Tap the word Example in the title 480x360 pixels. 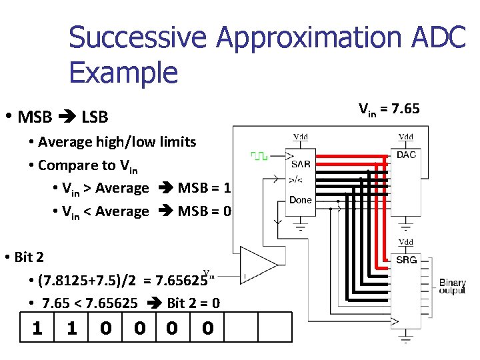(x=123, y=71)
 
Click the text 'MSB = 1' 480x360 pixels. (x=204, y=188)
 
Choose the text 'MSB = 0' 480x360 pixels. (x=204, y=211)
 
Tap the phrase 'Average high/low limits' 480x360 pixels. (x=117, y=141)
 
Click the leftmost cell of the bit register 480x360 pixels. (x=38, y=329)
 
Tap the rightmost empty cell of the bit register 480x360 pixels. (x=275, y=329)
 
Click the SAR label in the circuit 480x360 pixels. (x=301, y=163)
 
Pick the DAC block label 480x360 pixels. (x=406, y=155)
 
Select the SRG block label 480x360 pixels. (x=406, y=259)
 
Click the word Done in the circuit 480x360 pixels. (x=301, y=199)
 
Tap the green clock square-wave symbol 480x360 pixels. (x=259, y=156)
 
